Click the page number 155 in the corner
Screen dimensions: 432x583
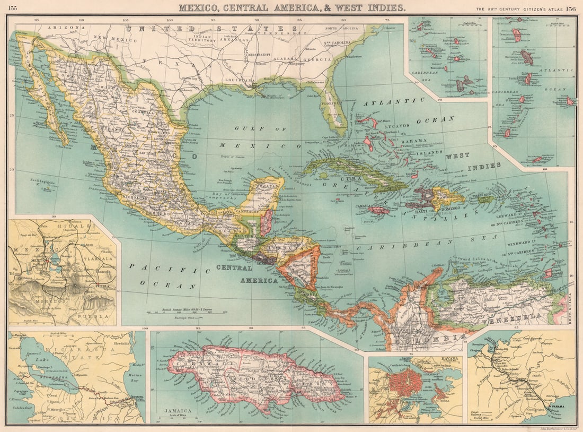[x=13, y=7]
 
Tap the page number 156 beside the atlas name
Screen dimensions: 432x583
[x=571, y=8]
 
